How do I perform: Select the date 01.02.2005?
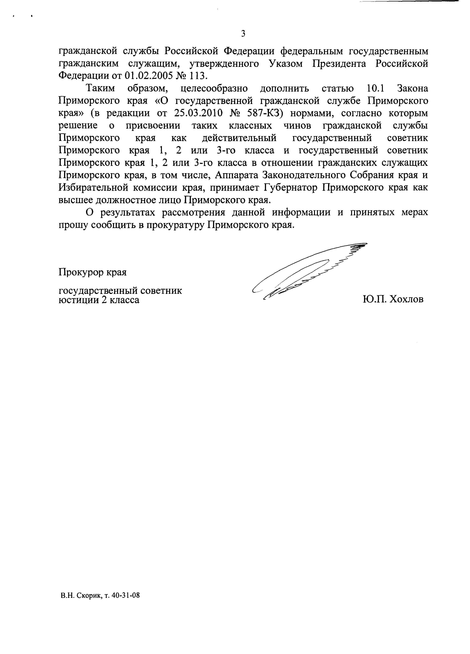click(x=149, y=76)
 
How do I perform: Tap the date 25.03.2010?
click(x=199, y=113)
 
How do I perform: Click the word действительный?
click(x=239, y=138)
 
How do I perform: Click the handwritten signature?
click(x=308, y=271)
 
